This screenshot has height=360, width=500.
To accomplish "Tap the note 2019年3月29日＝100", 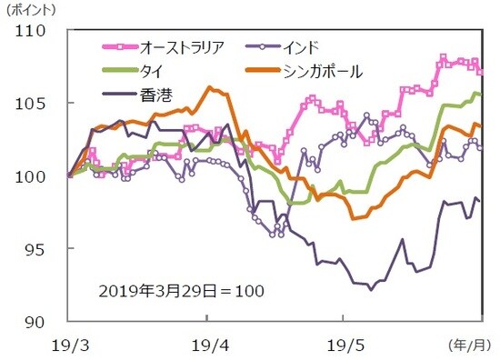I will tap(180, 291).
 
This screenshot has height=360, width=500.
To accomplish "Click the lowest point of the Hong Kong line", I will tap(370, 289).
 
